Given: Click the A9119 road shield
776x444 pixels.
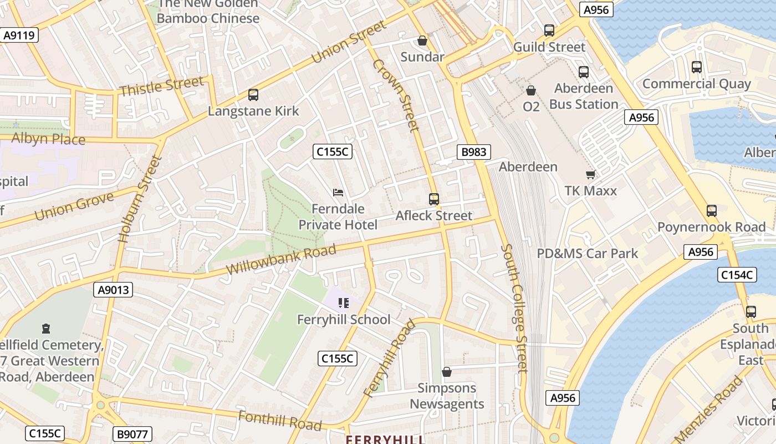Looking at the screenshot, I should [x=19, y=36].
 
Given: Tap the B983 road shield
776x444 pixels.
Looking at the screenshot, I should [x=473, y=152].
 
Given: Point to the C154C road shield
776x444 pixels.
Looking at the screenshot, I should [x=737, y=274].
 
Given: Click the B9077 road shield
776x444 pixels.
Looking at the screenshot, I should [x=132, y=434].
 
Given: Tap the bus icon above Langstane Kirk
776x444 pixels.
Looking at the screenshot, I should [x=253, y=95].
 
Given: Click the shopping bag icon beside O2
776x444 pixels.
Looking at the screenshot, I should [x=531, y=90].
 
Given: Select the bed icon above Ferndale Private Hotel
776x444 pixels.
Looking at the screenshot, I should [x=338, y=193].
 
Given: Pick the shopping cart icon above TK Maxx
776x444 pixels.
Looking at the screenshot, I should [x=590, y=174].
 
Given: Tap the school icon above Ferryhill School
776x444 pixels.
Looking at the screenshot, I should [x=344, y=303].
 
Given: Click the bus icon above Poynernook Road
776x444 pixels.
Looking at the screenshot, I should [x=712, y=211].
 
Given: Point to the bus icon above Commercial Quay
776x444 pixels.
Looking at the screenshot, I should [x=697, y=67].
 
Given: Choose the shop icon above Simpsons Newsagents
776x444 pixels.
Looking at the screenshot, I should [x=447, y=372].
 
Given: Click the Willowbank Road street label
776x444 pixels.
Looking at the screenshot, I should [x=282, y=259].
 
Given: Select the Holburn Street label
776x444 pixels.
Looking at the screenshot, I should [x=140, y=199].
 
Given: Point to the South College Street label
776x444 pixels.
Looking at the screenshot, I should [x=515, y=308].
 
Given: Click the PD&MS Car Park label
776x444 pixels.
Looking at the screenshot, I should [x=588, y=254].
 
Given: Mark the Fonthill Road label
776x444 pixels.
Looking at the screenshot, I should [x=280, y=421].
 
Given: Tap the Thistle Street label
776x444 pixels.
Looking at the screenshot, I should [x=161, y=87].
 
